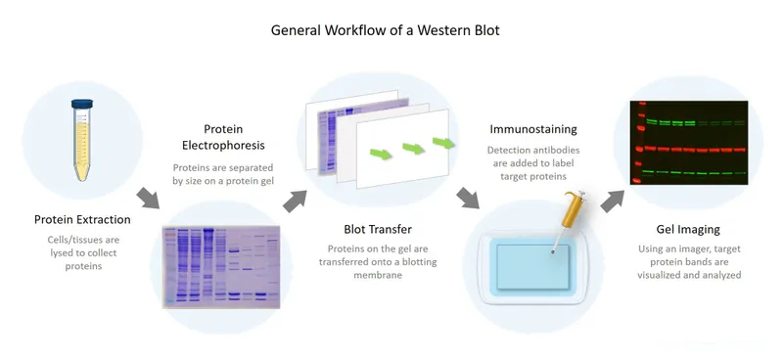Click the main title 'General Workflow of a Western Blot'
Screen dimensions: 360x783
pos(391,30)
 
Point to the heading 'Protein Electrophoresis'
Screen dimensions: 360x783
pos(222,138)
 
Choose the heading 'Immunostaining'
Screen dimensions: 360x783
pos(533,128)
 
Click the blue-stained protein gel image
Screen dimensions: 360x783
pos(223,265)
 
